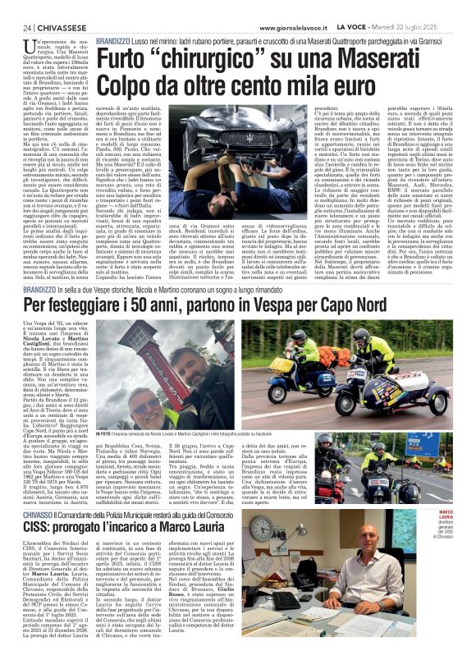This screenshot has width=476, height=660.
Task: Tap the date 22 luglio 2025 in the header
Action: coord(439,26)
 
